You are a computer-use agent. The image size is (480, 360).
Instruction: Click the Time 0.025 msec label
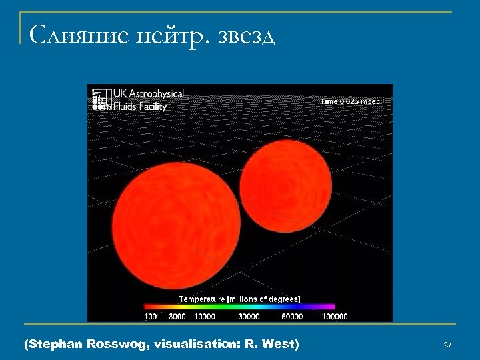tap(350, 101)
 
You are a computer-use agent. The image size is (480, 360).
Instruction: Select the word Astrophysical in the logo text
tap(154, 95)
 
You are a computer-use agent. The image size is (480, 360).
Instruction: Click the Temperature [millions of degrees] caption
tap(239, 299)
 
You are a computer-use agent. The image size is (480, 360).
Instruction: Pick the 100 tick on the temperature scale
tap(150, 316)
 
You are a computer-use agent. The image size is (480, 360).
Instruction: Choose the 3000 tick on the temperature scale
tap(177, 316)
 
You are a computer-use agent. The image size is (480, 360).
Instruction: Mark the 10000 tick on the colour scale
tap(205, 316)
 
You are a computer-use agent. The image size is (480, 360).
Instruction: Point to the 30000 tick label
tap(249, 316)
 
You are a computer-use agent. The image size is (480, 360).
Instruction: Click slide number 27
tap(447, 345)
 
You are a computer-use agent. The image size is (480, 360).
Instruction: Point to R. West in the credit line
tap(272, 344)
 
